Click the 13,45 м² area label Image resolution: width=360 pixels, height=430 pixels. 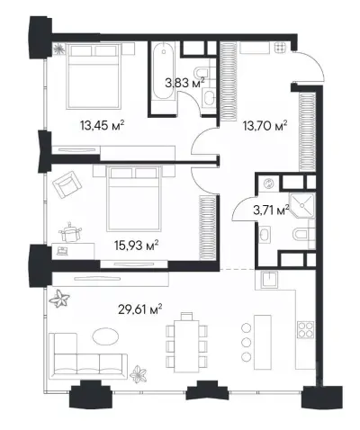coord(102,125)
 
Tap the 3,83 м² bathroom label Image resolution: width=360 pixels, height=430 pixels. coord(184,82)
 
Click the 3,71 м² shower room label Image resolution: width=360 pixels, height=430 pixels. coord(271,210)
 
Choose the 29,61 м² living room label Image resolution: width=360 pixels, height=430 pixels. coord(140,309)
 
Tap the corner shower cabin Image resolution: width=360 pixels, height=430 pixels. coord(301,206)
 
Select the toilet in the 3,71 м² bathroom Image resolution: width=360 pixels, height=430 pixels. coord(304,234)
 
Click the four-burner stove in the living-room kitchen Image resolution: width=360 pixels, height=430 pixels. coord(305,329)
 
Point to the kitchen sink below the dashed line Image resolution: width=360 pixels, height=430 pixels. coord(269,280)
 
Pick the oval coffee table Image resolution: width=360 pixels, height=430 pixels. coord(105,336)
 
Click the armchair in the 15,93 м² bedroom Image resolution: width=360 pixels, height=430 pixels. coord(67,184)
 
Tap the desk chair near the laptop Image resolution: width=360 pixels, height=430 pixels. coord(71,232)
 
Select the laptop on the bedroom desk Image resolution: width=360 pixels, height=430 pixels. coord(62,251)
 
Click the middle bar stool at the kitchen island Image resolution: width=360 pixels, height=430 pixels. coord(247,342)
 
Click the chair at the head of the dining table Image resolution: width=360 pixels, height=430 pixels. coord(186,316)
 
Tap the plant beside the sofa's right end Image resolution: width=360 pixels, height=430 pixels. coord(139,373)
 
